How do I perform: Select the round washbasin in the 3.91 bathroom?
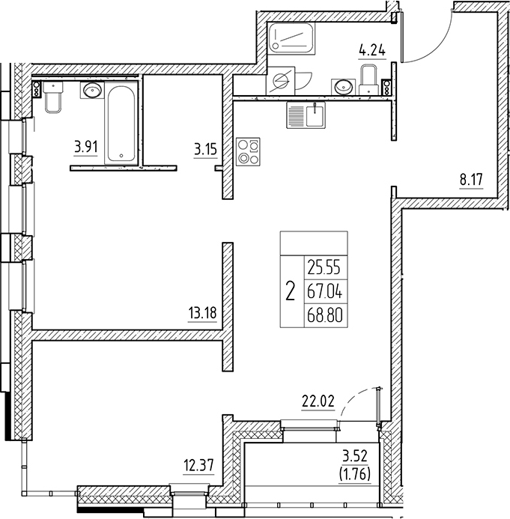[91, 91]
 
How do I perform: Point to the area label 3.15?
[204, 148]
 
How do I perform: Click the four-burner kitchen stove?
[247, 152]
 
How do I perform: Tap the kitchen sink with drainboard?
[305, 115]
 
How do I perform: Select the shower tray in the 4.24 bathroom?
[293, 37]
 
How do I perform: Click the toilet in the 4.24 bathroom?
[368, 79]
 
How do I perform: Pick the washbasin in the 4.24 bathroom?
[344, 86]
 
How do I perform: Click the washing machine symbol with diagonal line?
[282, 81]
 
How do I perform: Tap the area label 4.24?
[372, 52]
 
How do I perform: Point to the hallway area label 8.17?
[471, 179]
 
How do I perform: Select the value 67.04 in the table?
[325, 289]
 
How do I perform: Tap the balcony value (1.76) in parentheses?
[356, 473]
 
